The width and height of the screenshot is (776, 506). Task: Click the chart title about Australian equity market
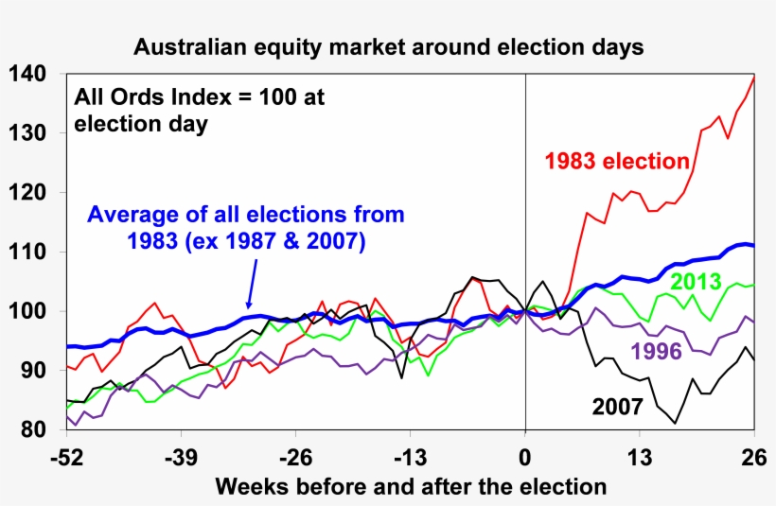click(388, 46)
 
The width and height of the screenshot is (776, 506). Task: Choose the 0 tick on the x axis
click(525, 458)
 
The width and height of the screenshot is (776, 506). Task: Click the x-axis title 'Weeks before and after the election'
click(411, 487)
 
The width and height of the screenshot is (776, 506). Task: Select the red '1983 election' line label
click(616, 161)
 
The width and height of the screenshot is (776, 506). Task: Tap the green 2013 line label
click(697, 281)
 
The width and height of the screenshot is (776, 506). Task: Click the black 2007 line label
click(618, 408)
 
